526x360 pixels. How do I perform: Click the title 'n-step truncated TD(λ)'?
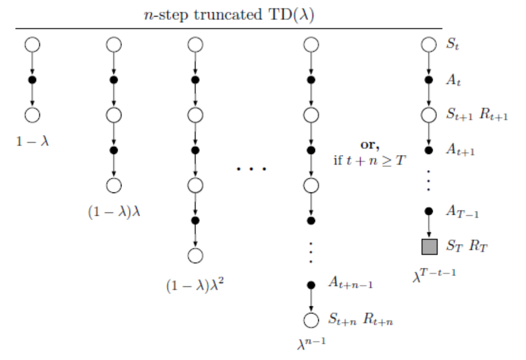229,14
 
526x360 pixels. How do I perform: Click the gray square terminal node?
429,247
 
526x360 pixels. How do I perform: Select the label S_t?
453,44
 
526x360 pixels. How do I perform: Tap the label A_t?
453,80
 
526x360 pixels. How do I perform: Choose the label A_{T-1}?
463,211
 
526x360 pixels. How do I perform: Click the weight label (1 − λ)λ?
114,213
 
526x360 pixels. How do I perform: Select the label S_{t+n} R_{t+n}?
361,320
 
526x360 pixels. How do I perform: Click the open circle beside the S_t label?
429,44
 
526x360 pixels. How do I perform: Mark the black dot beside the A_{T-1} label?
429,211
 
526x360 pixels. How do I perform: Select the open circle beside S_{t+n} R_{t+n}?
311,320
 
